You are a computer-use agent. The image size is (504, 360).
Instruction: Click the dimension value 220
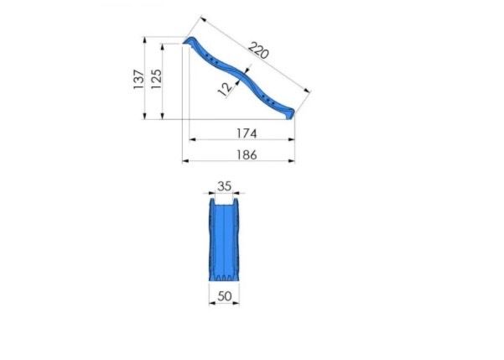point(258,50)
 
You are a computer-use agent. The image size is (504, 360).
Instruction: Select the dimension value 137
point(139,79)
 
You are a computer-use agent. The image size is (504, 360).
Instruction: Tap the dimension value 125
point(157,79)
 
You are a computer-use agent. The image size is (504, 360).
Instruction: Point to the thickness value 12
point(225,88)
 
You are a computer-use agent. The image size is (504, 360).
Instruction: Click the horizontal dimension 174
point(247,133)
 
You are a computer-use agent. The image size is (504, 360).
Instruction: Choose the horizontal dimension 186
point(247,155)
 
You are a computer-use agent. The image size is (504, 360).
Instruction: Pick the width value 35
point(225,186)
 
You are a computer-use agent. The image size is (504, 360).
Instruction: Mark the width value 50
point(225,296)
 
